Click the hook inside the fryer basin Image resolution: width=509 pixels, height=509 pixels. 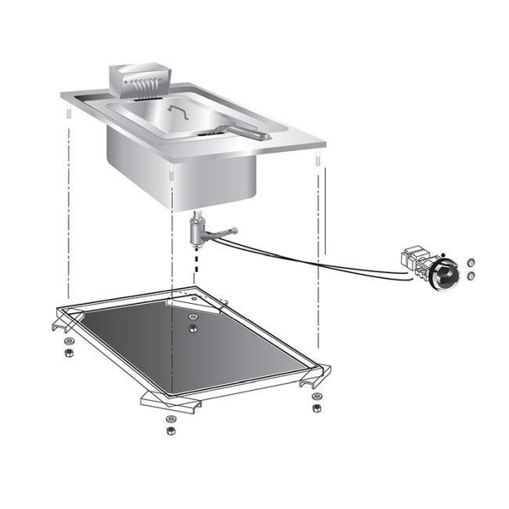click(178, 114)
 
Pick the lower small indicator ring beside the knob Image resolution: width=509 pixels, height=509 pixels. click(470, 276)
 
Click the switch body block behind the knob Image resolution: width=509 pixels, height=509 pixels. click(414, 261)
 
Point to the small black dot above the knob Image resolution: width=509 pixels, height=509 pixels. click(442, 255)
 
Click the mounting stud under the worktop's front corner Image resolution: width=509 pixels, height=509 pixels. click(172, 171)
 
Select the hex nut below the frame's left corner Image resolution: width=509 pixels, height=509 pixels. click(67, 350)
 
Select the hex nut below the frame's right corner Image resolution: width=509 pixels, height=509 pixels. click(316, 408)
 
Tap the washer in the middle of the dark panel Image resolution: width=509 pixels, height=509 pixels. click(192, 327)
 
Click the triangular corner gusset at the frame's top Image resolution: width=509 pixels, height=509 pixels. click(188, 300)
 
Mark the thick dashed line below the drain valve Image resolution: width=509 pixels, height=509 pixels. click(193, 262)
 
